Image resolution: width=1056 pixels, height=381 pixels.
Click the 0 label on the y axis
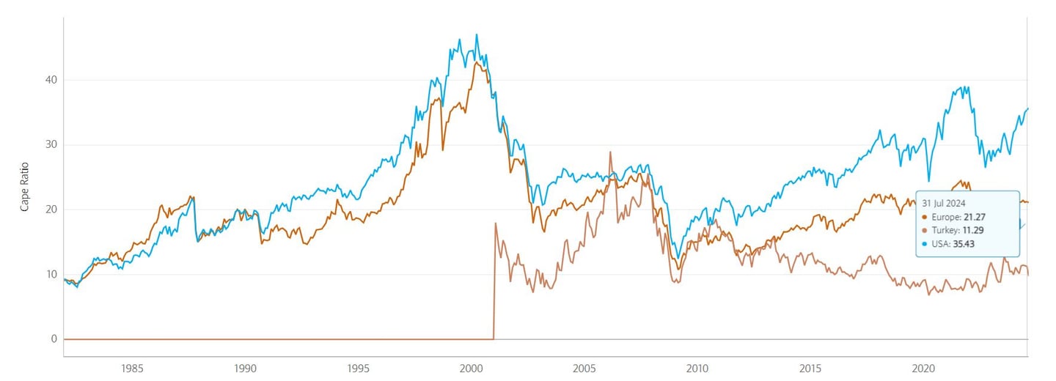52,339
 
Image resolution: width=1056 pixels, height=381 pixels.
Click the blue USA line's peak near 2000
477,34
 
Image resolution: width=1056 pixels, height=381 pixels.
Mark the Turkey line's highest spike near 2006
610,152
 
